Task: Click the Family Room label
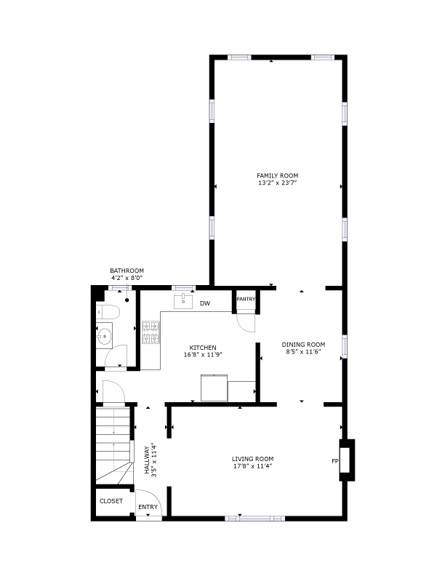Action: pos(277,175)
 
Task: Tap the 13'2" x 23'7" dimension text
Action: pos(277,183)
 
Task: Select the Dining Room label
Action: pos(303,345)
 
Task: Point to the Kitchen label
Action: pos(203,348)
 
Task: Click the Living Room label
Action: pos(252,459)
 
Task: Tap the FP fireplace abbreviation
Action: pos(335,461)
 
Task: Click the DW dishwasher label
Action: pos(205,303)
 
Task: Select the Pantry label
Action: pos(246,299)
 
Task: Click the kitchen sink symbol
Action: pos(183,301)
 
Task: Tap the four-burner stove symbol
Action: pos(151,332)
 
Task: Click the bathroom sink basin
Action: pos(104,335)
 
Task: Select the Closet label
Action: pos(111,501)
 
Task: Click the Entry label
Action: pos(148,507)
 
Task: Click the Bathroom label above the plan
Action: pos(127,271)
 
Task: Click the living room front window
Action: pos(254,519)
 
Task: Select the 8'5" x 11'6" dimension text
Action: pos(303,352)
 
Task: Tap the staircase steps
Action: pos(114,444)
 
